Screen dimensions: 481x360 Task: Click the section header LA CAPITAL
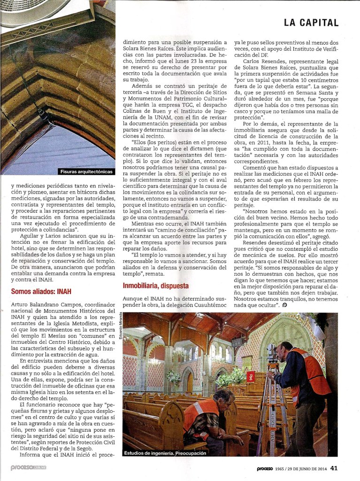point(311,22)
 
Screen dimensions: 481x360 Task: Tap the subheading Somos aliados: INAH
point(41,292)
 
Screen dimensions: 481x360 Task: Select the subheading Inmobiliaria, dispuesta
point(155,285)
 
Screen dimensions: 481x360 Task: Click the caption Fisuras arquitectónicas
point(86,171)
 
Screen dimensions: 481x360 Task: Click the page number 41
point(334,468)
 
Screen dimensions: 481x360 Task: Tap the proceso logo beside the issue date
point(268,468)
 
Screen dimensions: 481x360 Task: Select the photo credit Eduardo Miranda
point(126,334)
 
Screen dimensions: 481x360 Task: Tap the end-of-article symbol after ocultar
point(284,305)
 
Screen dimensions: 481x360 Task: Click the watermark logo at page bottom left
point(29,468)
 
